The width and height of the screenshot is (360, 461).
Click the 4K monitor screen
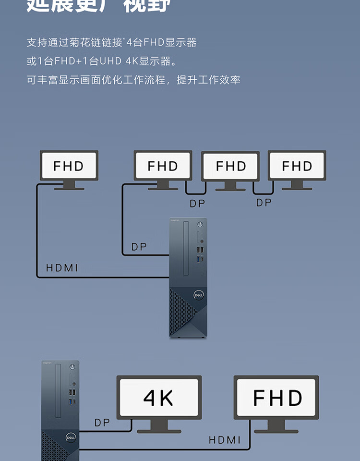coord(159,398)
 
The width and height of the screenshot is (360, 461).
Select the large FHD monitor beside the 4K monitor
coord(276,398)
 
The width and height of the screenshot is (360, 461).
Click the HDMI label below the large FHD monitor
coord(225,439)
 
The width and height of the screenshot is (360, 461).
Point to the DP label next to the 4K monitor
coord(102,423)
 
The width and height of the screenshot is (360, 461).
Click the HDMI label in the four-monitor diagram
coord(62,268)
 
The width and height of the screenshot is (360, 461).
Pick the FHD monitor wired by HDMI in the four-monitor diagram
coord(69,166)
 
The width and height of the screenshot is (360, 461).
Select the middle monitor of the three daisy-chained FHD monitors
coord(230,167)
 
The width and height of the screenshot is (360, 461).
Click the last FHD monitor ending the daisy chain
coord(297,166)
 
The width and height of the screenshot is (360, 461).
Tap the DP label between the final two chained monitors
coord(264,203)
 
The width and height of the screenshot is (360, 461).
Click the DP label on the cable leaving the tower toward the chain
coord(139,247)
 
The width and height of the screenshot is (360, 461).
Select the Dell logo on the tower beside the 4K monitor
coord(72,437)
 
